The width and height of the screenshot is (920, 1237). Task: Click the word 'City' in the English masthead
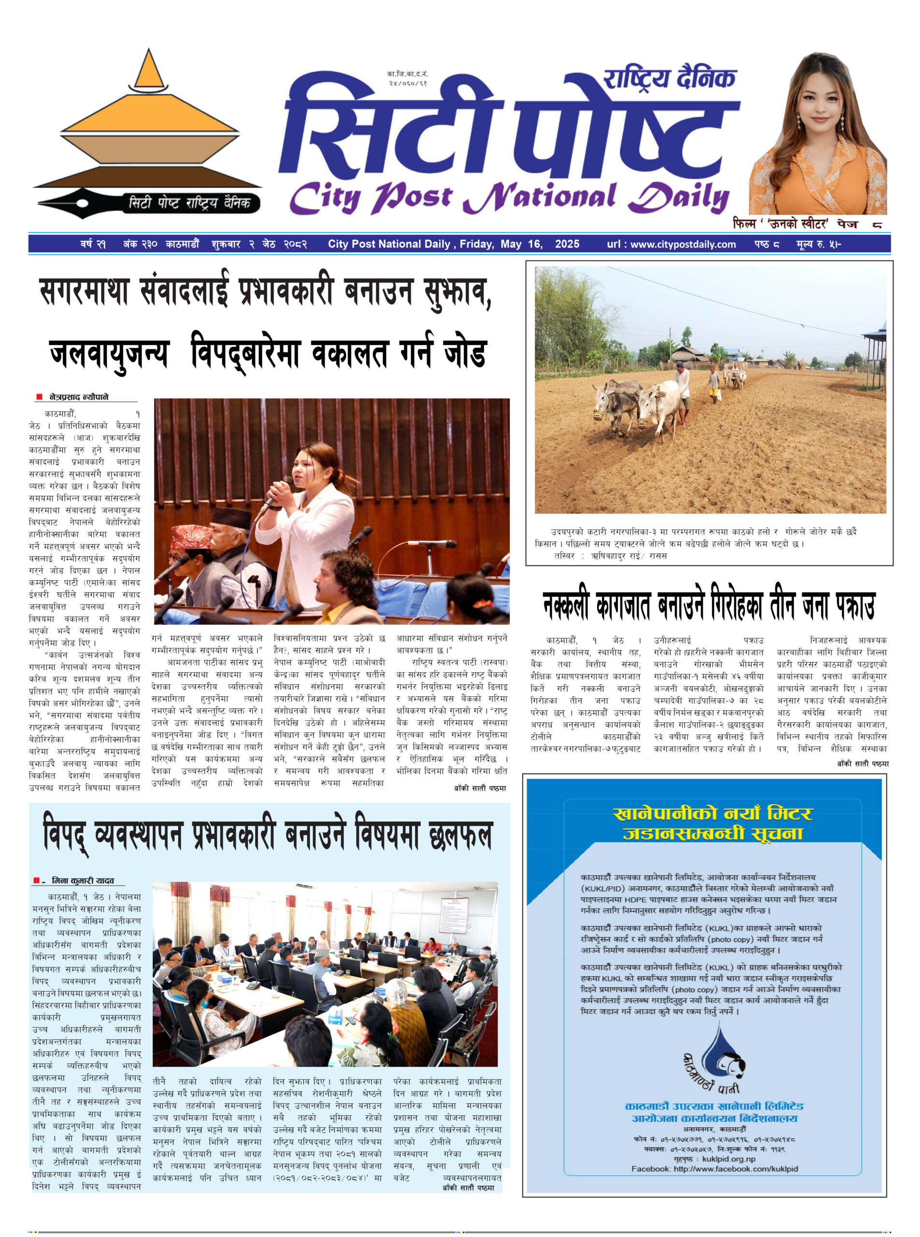[x=326, y=198]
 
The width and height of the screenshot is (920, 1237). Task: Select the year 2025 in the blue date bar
[x=567, y=244]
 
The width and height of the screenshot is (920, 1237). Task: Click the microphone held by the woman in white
[x=277, y=492]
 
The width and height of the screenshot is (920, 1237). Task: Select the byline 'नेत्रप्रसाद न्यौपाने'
[x=79, y=397]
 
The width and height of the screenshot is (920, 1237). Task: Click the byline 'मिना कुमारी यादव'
[x=83, y=880]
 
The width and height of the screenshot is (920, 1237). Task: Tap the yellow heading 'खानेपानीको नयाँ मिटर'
[x=712, y=814]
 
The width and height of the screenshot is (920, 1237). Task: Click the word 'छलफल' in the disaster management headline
[x=460, y=836]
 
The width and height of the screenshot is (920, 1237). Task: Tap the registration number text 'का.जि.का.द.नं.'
[x=408, y=73]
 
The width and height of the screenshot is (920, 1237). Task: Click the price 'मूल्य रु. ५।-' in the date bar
[x=818, y=244]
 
